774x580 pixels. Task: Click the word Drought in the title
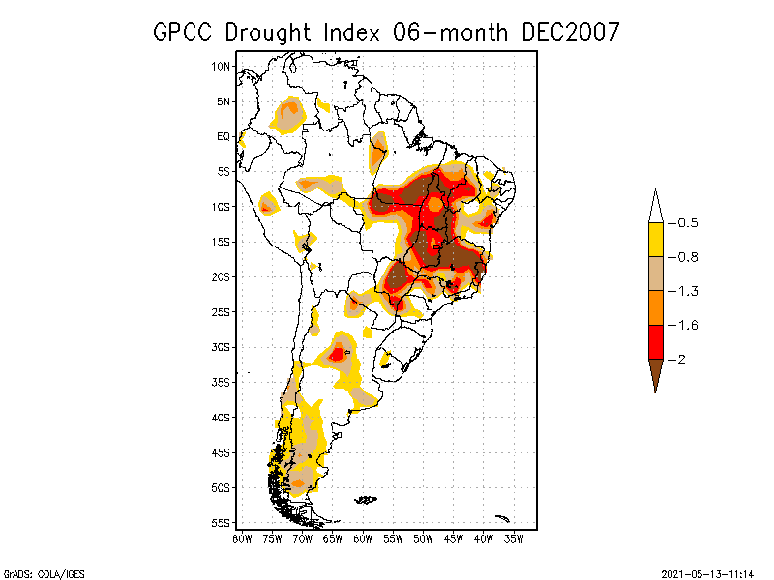[x=269, y=32]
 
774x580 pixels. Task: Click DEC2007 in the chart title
[x=570, y=32]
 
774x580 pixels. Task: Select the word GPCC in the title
[x=184, y=32]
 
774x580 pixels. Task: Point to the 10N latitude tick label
[x=222, y=66]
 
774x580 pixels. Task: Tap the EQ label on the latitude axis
[x=223, y=136]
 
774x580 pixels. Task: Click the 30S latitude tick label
[x=222, y=347]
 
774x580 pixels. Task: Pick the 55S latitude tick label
[x=222, y=523]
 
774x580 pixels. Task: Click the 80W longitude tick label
[x=242, y=537]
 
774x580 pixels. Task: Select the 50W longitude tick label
[x=423, y=537]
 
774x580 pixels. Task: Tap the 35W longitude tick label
[x=514, y=537]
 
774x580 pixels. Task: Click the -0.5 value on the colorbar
[x=687, y=223]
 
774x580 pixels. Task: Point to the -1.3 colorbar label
[x=687, y=291]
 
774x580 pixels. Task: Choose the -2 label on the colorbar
[x=682, y=360]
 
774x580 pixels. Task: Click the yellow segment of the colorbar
[x=655, y=240]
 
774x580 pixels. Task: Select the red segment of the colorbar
[x=655, y=342]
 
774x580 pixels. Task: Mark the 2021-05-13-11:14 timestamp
[x=707, y=572]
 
